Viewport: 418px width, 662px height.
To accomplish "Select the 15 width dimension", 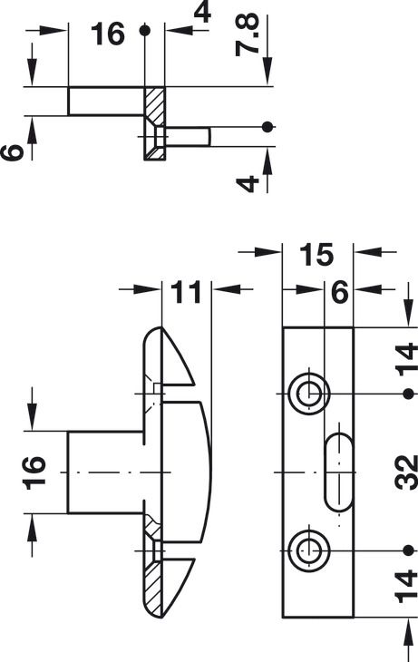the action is [316, 255].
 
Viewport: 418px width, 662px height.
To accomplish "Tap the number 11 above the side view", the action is [188, 292].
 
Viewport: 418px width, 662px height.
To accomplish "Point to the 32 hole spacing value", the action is [406, 472].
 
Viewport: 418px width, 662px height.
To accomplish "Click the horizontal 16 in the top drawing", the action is [108, 34].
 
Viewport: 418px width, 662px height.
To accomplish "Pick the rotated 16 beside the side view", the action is [34, 472].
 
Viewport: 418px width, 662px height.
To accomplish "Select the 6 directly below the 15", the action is [339, 292].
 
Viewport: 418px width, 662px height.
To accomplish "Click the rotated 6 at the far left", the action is [12, 152].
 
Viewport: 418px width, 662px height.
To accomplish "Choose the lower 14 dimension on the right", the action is [406, 586].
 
